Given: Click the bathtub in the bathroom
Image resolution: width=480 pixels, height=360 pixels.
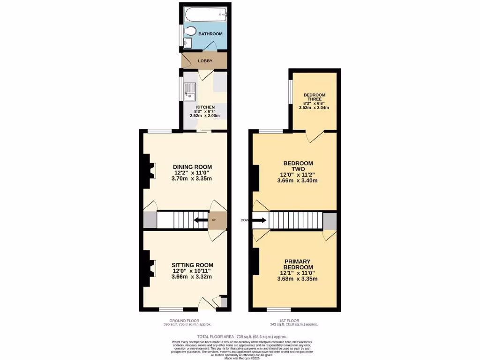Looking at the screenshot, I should [205, 15].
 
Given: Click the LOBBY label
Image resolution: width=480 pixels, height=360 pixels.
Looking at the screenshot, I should [205, 61].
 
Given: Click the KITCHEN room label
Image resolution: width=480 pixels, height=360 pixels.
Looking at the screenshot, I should [205, 107].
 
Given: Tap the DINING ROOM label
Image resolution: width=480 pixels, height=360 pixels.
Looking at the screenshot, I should [192, 167].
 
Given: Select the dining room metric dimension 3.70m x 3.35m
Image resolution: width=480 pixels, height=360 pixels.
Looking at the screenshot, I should [192, 179].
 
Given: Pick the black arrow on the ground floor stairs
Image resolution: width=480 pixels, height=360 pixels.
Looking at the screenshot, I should [201, 220].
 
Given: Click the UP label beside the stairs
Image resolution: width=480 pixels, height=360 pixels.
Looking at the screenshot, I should [214, 220].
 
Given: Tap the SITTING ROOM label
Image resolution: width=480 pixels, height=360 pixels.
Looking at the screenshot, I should [192, 264].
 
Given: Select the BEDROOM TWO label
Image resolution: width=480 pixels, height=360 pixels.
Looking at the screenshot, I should [298, 166].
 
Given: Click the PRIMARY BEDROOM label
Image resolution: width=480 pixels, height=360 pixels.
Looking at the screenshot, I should [298, 264].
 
